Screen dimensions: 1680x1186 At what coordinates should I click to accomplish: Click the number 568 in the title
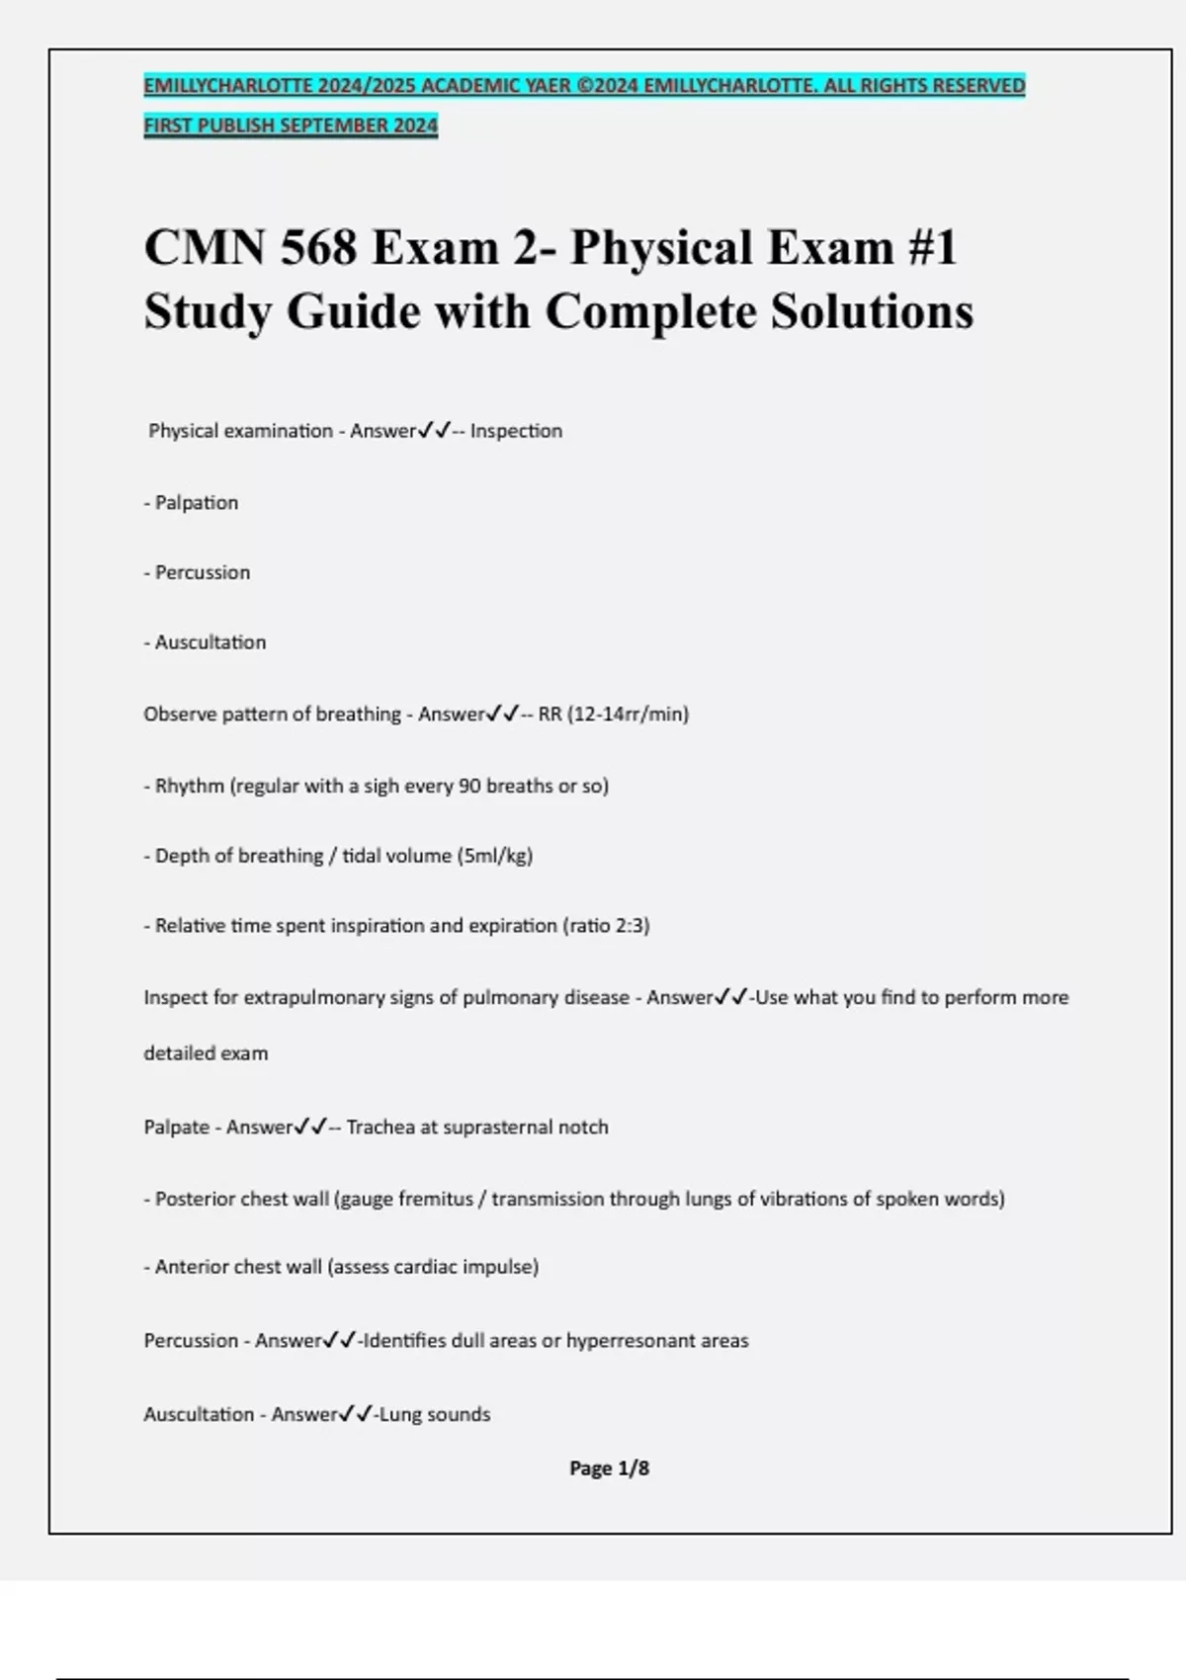click(318, 247)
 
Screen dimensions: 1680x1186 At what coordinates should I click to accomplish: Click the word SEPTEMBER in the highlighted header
click(335, 126)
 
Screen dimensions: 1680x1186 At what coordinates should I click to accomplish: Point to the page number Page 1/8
click(609, 1469)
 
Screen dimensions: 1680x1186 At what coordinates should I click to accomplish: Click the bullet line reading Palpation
click(196, 503)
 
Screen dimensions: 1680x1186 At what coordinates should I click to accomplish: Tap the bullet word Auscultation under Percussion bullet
click(210, 642)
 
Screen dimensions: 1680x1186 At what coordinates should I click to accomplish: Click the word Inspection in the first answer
click(516, 431)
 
